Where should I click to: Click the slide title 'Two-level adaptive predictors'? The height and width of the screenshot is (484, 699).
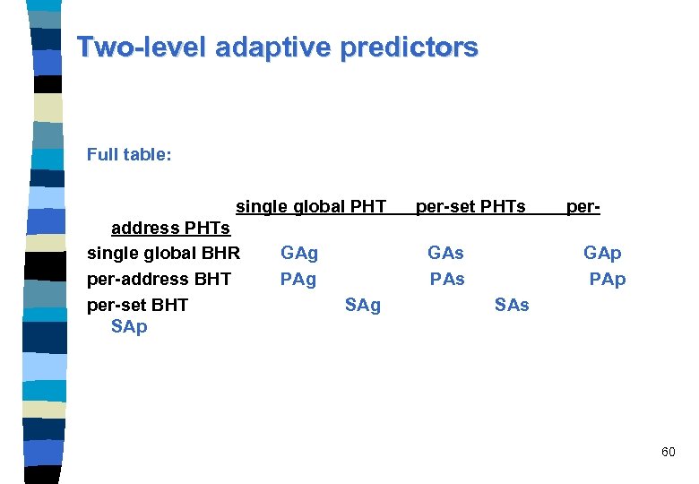tap(277, 47)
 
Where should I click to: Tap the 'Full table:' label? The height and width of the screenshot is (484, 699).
tap(128, 154)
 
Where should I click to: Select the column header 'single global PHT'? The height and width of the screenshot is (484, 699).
tap(311, 207)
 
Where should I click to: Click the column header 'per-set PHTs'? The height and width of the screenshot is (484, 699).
tap(470, 207)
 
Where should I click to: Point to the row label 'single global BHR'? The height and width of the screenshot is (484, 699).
tap(163, 254)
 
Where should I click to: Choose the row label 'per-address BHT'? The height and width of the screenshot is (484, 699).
tap(159, 279)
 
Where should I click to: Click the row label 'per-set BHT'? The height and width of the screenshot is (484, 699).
tap(137, 305)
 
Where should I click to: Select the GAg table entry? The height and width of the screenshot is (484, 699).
tap(298, 254)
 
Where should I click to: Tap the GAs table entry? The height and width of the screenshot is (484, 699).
tap(445, 254)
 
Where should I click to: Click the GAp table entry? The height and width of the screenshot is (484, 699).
tap(601, 254)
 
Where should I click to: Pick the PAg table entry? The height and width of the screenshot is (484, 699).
tap(298, 279)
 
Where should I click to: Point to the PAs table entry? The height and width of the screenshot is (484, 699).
tap(446, 279)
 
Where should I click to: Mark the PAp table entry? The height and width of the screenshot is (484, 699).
tap(607, 279)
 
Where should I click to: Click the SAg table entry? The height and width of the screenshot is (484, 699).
tap(362, 305)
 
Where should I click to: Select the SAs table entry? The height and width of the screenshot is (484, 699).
tap(512, 305)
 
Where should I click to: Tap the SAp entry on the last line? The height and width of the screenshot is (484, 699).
tap(129, 327)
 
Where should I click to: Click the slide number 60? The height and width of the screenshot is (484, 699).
tap(668, 452)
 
